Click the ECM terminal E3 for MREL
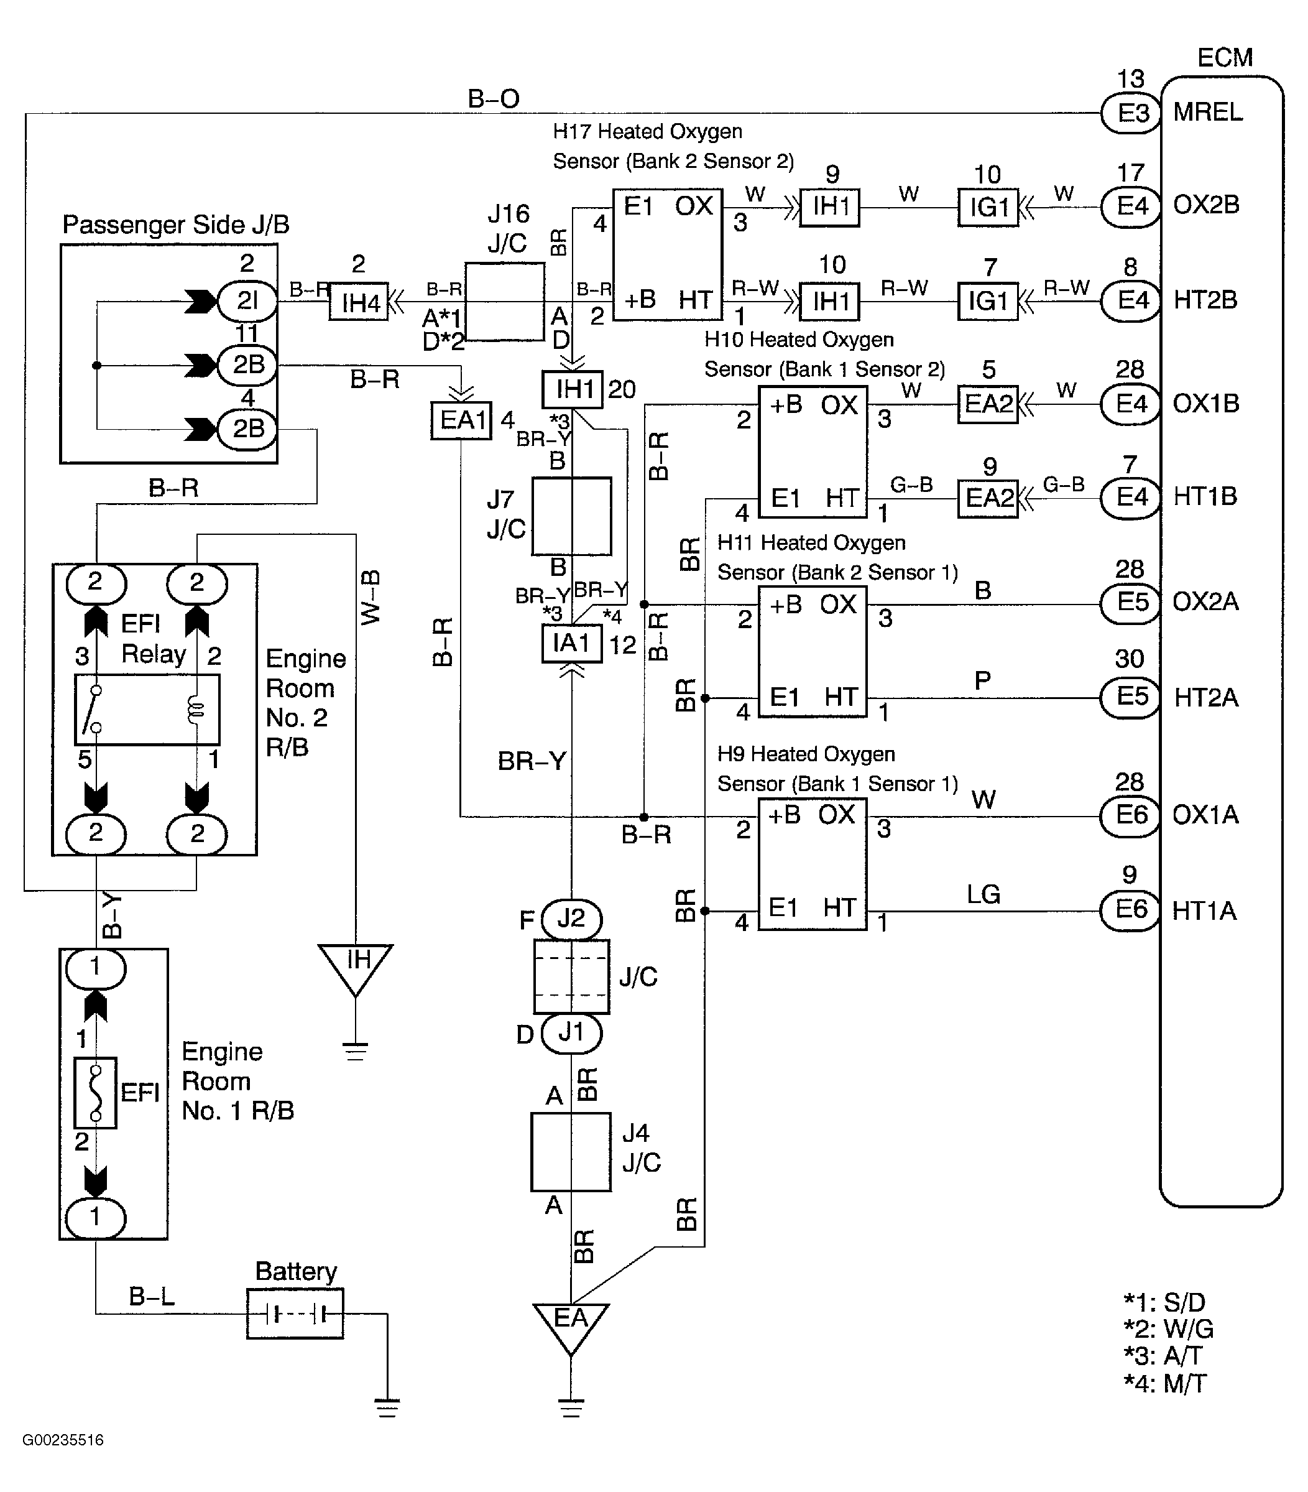tap(1131, 113)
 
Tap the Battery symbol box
tap(295, 1314)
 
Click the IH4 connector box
tap(358, 302)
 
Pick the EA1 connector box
tap(461, 420)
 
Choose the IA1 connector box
tap(571, 644)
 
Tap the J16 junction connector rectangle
tap(505, 302)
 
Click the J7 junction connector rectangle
tap(571, 516)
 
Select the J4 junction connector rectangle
tap(571, 1152)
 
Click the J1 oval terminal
tap(571, 1033)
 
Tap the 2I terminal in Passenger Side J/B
tap(247, 301)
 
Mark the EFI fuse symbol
tap(96, 1093)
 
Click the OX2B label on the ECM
tap(1206, 205)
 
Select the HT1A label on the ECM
tap(1204, 911)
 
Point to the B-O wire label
tap(493, 98)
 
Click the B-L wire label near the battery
tap(152, 1296)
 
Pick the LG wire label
tap(983, 894)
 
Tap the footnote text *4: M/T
tap(1165, 1384)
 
